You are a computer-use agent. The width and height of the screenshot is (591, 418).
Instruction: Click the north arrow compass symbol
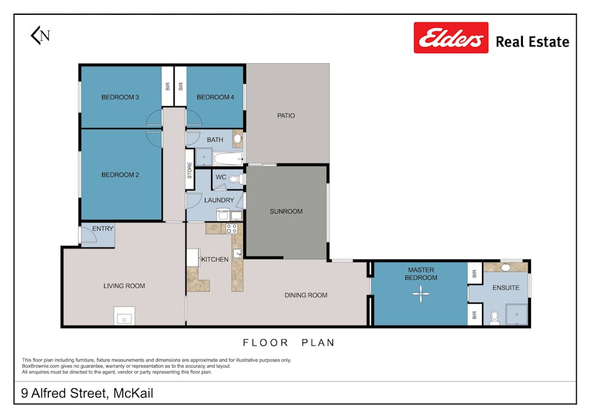[40, 35]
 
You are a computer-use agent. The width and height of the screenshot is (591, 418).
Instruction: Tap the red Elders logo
[451, 38]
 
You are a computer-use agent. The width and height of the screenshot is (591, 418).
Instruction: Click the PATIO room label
[286, 116]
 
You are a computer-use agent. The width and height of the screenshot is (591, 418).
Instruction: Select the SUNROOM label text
[286, 211]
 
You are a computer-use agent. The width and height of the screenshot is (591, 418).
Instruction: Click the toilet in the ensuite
[494, 318]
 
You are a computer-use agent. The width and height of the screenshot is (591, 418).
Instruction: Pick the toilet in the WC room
[233, 179]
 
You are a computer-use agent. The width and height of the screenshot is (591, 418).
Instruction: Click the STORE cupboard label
[190, 170]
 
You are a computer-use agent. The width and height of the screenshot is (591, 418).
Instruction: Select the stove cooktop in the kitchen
[231, 229]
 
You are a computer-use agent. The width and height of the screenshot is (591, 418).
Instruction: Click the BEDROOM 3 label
[120, 97]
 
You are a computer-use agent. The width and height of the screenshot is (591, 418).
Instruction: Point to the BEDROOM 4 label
[215, 97]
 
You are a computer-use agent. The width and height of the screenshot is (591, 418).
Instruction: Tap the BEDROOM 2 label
[120, 175]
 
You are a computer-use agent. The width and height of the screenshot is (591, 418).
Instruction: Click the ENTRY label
[103, 229]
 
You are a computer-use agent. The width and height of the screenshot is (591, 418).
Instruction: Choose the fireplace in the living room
[124, 316]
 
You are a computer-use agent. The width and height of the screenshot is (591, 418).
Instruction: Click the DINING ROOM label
[306, 295]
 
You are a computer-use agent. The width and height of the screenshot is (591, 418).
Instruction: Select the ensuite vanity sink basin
[506, 268]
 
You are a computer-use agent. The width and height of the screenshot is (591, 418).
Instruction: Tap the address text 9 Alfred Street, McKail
[87, 393]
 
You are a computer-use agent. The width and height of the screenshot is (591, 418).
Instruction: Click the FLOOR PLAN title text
[288, 342]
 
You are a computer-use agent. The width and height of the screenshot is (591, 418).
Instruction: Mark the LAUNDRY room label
[219, 200]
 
